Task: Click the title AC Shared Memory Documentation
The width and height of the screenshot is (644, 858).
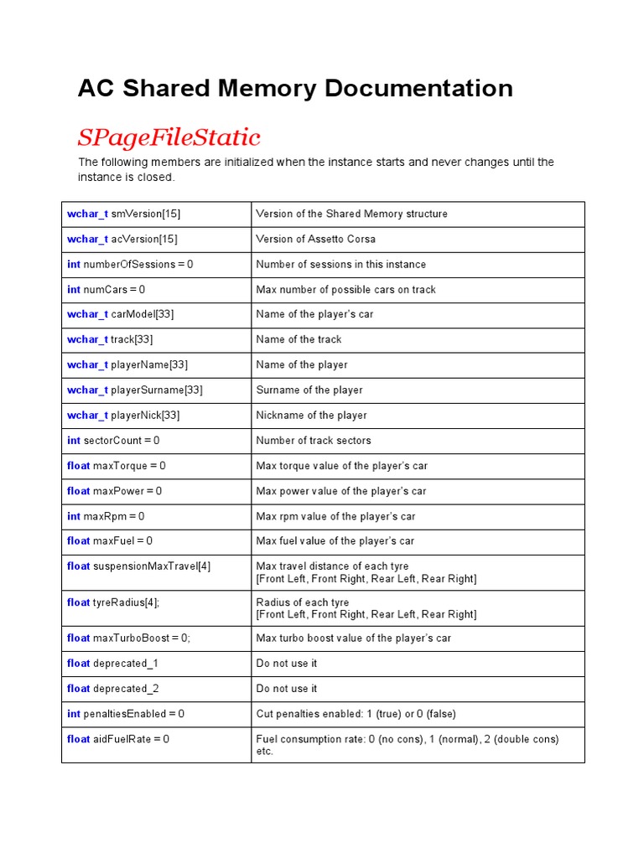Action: (x=295, y=89)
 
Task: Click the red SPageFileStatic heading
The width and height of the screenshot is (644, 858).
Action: (x=169, y=137)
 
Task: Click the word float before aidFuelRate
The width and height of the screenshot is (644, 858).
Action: (x=78, y=739)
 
